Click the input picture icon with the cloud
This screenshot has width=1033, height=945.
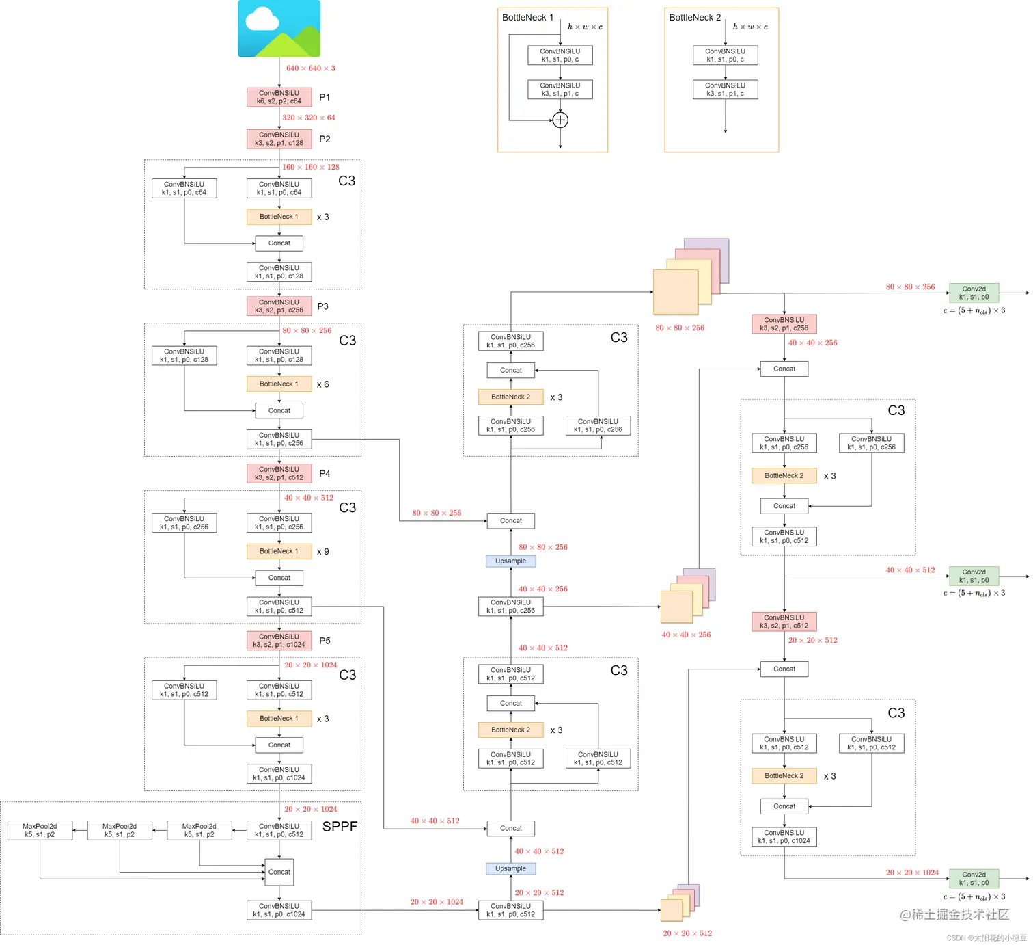click(279, 28)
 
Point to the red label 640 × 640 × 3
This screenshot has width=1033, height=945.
click(310, 68)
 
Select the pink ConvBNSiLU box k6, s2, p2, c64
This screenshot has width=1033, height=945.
click(279, 97)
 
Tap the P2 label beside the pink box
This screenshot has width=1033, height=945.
click(325, 139)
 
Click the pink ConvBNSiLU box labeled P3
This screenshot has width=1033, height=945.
click(279, 306)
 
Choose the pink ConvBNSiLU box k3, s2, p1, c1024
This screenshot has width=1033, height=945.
click(279, 641)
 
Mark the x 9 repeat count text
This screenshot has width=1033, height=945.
click(322, 551)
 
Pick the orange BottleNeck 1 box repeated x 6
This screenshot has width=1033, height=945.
click(279, 384)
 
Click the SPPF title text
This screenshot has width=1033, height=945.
click(340, 827)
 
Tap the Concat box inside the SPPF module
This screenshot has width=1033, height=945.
click(279, 872)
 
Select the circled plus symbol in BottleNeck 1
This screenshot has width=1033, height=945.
click(560, 120)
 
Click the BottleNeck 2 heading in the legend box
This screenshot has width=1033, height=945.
click(695, 18)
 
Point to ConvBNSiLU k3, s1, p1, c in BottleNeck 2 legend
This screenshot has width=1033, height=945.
click(725, 90)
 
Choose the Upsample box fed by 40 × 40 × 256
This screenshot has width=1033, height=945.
click(510, 561)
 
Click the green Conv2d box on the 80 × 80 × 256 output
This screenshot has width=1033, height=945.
click(974, 293)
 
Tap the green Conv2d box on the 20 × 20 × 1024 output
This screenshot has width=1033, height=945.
click(974, 879)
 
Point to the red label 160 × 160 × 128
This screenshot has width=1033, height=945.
click(310, 167)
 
